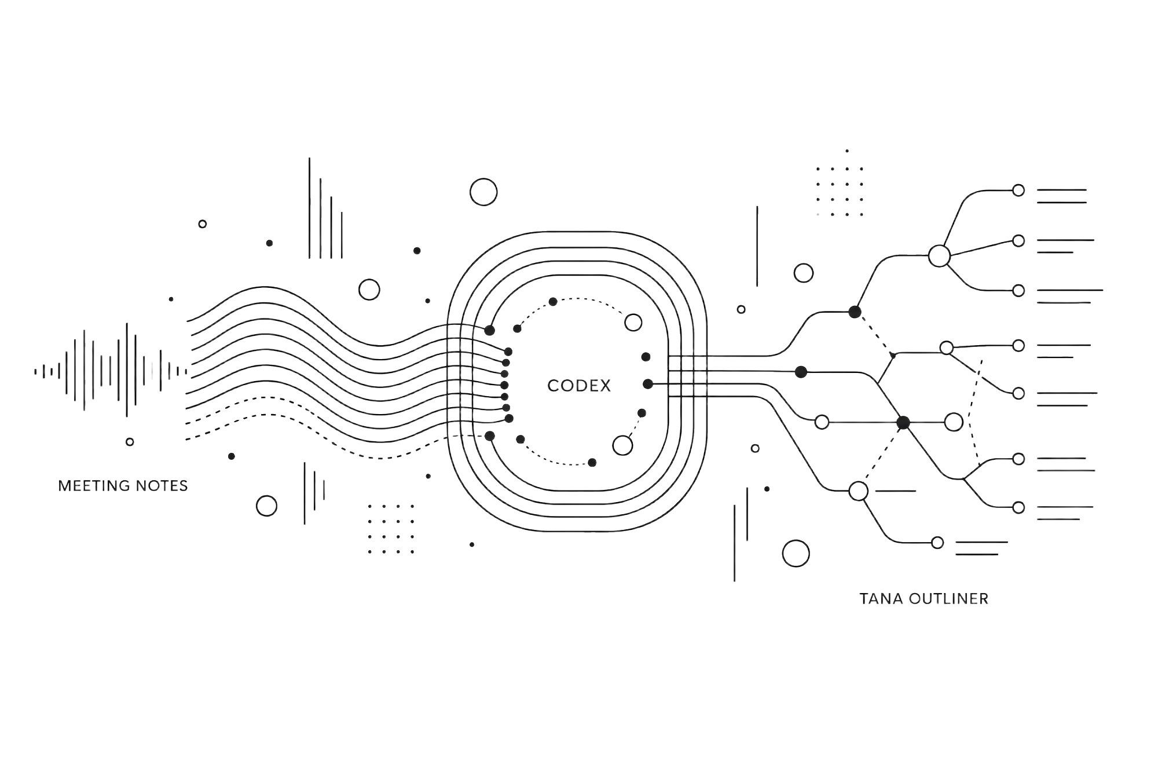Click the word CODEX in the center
pyautogui.click(x=579, y=386)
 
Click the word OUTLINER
pyautogui.click(x=949, y=598)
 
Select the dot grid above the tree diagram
pyautogui.click(x=840, y=192)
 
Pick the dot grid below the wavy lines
pyautogui.click(x=391, y=529)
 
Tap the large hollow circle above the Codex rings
pyautogui.click(x=483, y=192)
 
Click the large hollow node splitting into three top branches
pyautogui.click(x=939, y=255)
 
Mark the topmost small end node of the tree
pyautogui.click(x=1018, y=190)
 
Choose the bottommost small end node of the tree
pyautogui.click(x=937, y=543)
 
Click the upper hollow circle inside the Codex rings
pyautogui.click(x=633, y=322)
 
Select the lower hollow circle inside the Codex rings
pyautogui.click(x=622, y=445)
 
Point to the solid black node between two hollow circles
pyautogui.click(x=903, y=423)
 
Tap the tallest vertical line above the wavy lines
pyautogui.click(x=309, y=208)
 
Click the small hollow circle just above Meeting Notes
pyautogui.click(x=130, y=441)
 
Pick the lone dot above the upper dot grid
pyautogui.click(x=847, y=151)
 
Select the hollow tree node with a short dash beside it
pyautogui.click(x=859, y=491)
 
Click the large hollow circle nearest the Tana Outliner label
pyautogui.click(x=796, y=554)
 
